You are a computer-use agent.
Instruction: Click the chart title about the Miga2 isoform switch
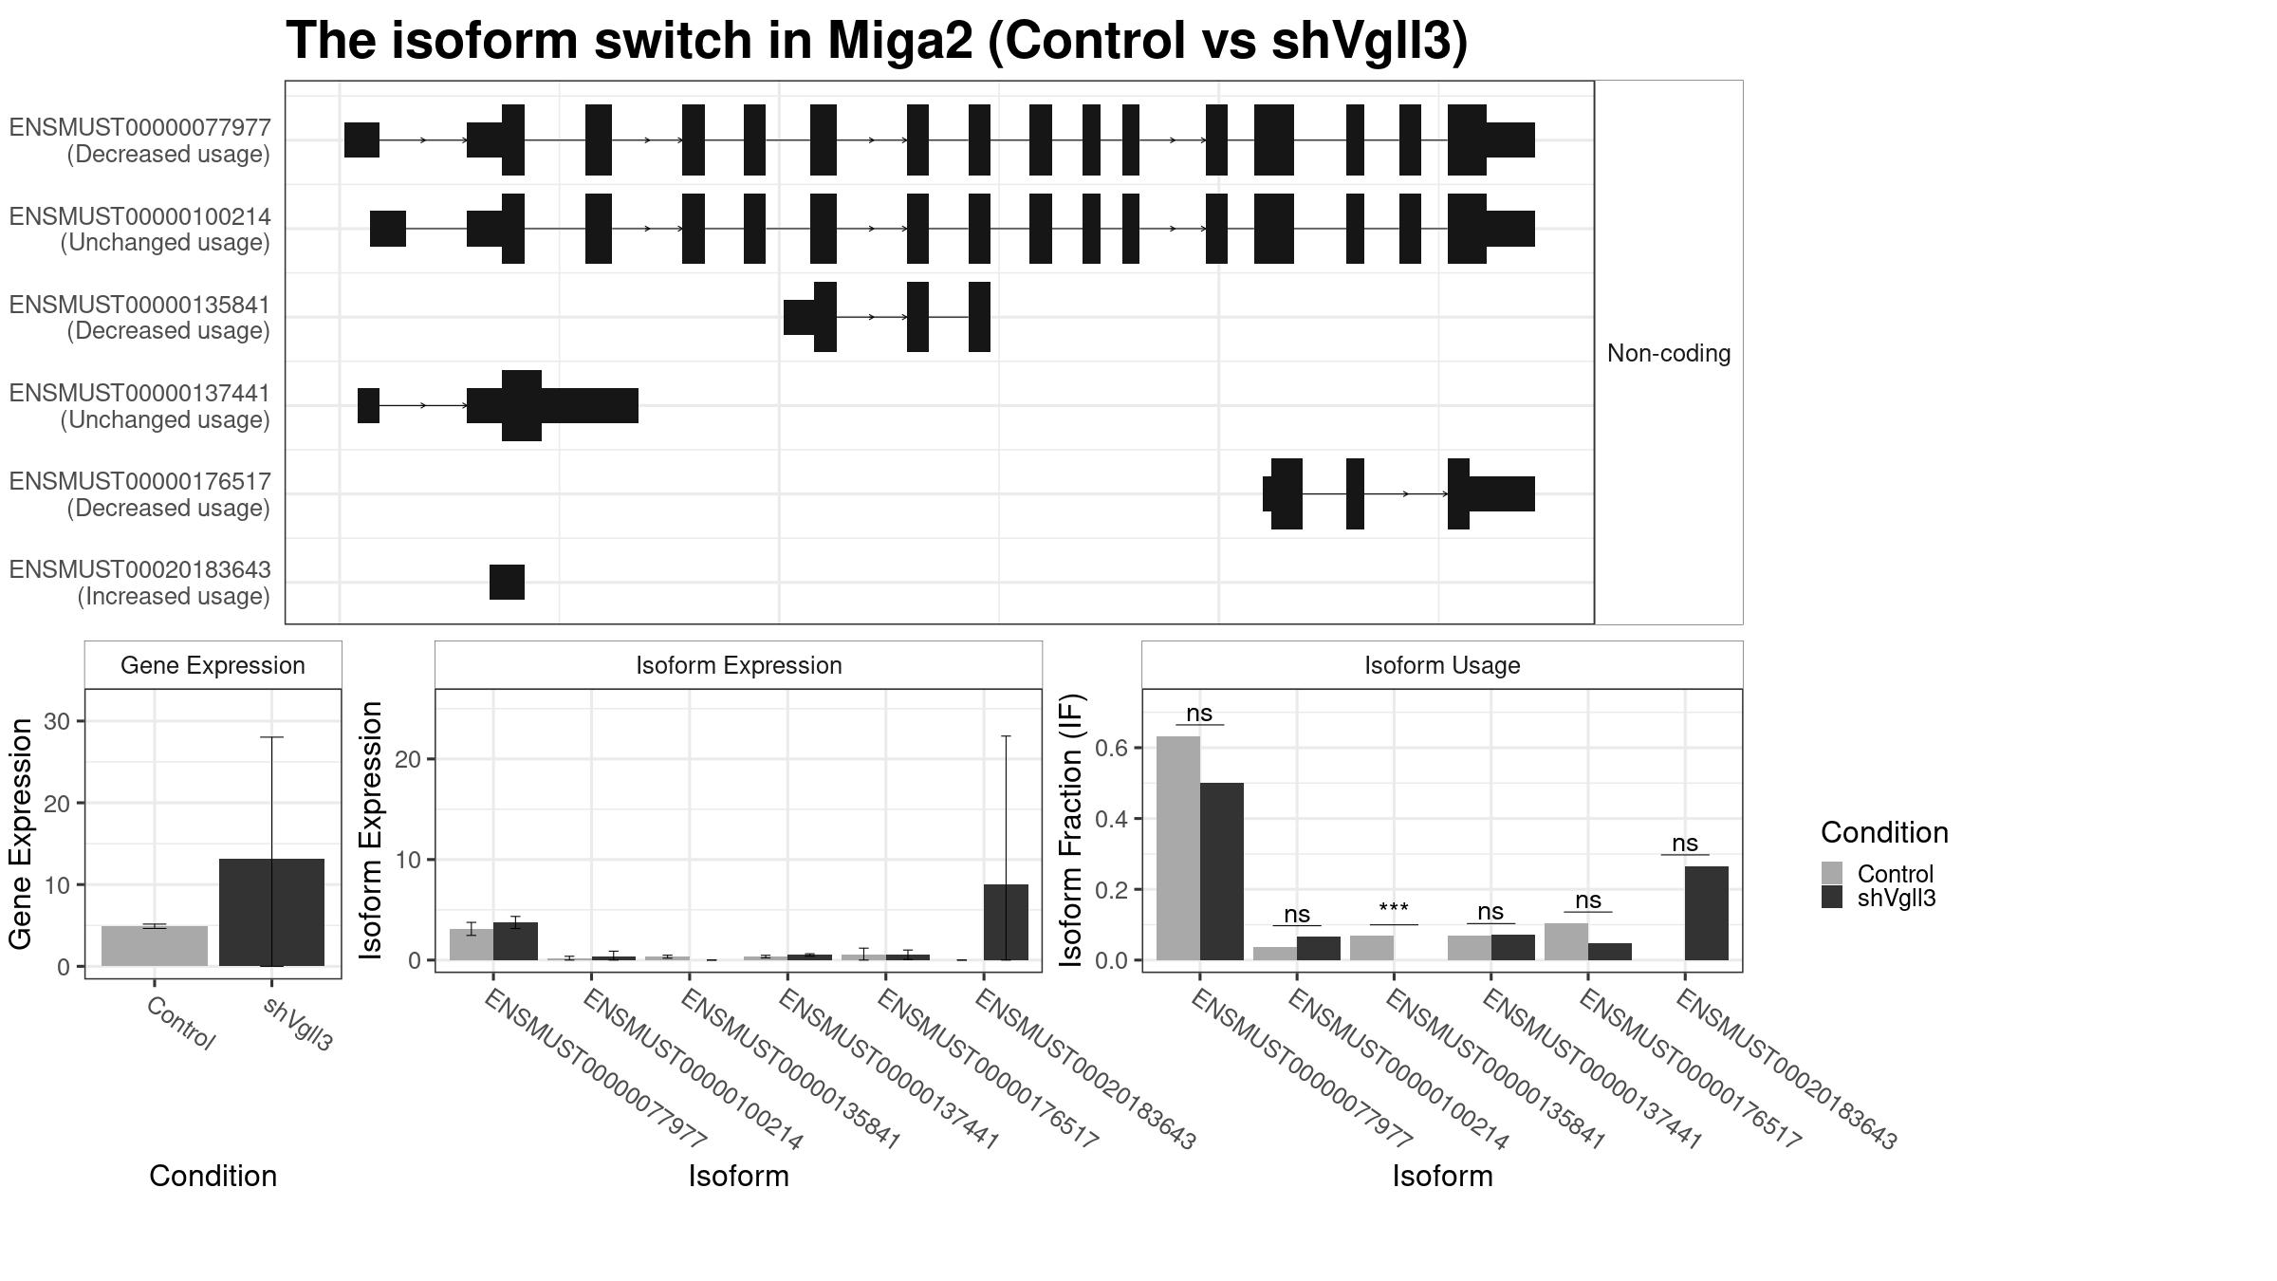[877, 41]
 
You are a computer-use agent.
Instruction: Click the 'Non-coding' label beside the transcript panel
[1669, 353]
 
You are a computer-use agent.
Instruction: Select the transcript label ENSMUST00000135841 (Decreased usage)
[139, 318]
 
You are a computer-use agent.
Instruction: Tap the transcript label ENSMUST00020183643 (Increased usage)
[139, 583]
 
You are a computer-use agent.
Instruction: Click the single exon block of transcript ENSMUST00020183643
[507, 582]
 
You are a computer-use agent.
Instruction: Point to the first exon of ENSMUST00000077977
[361, 139]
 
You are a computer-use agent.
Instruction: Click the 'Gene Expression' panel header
[213, 665]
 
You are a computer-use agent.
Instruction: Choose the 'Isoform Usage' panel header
[1442, 665]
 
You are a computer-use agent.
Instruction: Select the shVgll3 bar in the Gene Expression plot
[271, 912]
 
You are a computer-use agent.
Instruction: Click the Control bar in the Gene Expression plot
[155, 946]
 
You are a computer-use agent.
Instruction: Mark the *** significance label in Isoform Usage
[1394, 909]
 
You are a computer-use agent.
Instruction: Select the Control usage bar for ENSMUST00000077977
[1178, 848]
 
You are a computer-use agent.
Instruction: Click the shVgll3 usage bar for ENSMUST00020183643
[1707, 913]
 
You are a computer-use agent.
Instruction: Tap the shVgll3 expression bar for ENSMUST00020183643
[1006, 922]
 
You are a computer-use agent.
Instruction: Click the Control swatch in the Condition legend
[1832, 873]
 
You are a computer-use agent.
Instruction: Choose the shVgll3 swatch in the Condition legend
[1832, 897]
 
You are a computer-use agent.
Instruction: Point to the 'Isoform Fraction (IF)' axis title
[1071, 830]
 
